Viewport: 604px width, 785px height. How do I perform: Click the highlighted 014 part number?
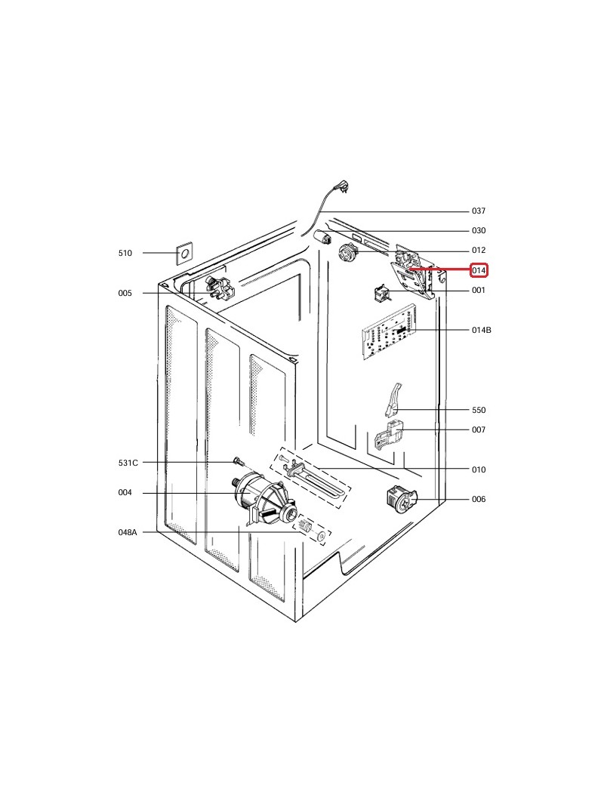[479, 270]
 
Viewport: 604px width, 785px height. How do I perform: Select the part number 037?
[479, 211]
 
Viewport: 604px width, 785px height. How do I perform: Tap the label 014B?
[481, 330]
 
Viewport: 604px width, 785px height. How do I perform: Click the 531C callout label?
[128, 463]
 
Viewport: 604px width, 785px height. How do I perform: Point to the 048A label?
[128, 532]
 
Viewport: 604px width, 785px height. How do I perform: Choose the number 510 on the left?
[125, 253]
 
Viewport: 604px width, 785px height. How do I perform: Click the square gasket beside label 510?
[183, 254]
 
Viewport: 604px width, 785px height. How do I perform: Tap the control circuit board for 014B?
[388, 333]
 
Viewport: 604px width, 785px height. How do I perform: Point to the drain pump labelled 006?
[402, 499]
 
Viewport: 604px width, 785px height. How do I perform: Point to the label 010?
[479, 469]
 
